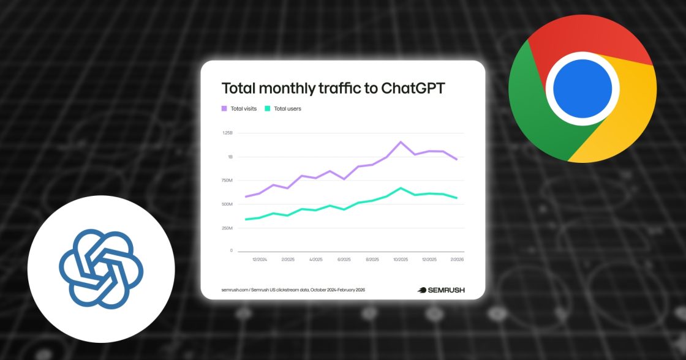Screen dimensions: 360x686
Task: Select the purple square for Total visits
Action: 224,109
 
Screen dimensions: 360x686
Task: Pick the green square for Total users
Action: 267,109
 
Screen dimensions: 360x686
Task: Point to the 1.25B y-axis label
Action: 227,133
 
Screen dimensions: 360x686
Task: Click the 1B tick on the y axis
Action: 230,157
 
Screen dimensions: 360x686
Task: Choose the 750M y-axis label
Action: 227,181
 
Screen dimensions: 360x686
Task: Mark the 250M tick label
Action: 227,228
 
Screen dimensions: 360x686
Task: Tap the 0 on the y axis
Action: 231,251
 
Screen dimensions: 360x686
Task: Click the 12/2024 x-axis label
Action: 259,260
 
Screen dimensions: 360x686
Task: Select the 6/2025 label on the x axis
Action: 344,260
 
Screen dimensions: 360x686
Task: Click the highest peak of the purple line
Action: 401,142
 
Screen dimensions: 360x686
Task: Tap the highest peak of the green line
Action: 401,188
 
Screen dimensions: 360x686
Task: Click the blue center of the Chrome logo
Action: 582,89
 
